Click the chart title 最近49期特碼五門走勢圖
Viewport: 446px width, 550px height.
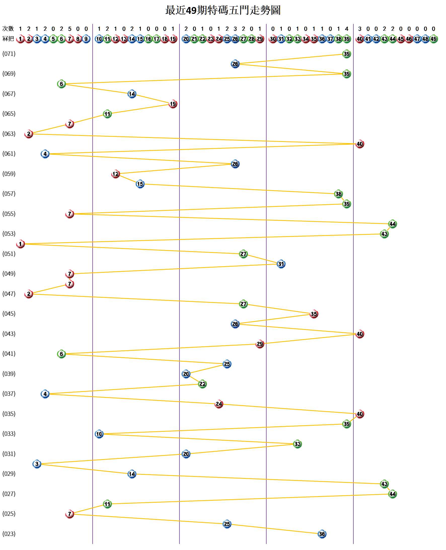coord(222,10)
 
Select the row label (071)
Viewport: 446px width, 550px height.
coord(9,54)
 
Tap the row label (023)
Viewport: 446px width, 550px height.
coord(9,534)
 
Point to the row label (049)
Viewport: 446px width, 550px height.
coord(9,274)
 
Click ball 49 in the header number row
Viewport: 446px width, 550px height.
coord(433,39)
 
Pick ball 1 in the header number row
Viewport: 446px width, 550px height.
coord(20,39)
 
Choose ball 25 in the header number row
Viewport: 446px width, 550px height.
coord(227,39)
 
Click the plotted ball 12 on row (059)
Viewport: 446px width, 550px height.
coord(116,174)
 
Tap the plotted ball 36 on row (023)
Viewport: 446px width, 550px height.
coord(322,534)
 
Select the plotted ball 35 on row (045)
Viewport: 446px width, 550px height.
coord(314,314)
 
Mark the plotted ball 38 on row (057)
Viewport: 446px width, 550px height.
coord(338,194)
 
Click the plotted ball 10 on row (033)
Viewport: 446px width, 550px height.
coord(99,434)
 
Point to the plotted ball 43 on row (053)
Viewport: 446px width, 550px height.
coord(384,234)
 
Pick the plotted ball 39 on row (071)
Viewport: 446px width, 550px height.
coord(347,54)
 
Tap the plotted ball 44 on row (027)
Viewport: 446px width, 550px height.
coord(392,494)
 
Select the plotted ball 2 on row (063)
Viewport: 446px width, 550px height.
coord(28,134)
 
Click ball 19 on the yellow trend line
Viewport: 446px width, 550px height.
coord(173,104)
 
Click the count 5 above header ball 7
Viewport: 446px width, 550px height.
coord(70,29)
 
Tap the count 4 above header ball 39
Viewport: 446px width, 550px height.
coord(347,29)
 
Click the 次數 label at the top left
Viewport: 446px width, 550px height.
coord(8,28)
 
